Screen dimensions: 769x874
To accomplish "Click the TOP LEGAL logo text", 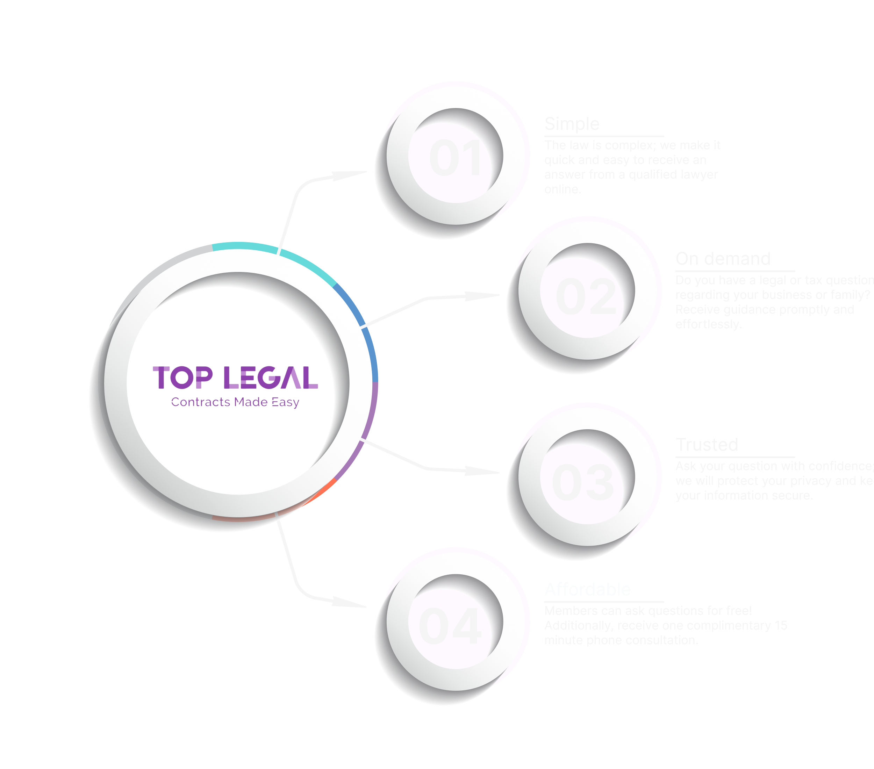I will [235, 378].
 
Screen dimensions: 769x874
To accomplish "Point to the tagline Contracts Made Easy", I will [235, 402].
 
